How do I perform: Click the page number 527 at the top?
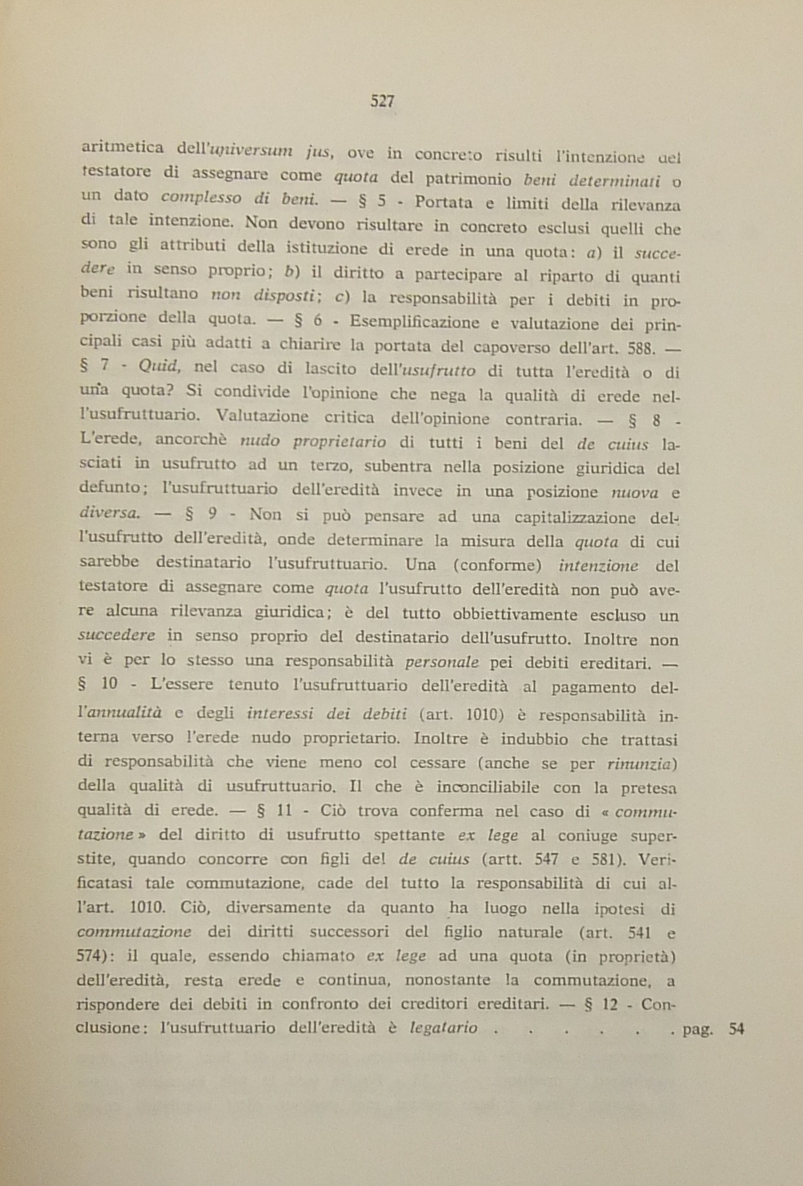[x=382, y=101]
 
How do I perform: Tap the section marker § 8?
[x=644, y=422]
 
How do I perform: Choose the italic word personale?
[x=442, y=662]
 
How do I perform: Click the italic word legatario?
[x=444, y=1028]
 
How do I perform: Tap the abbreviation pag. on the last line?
[x=698, y=1029]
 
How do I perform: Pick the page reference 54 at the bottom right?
[x=736, y=1029]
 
